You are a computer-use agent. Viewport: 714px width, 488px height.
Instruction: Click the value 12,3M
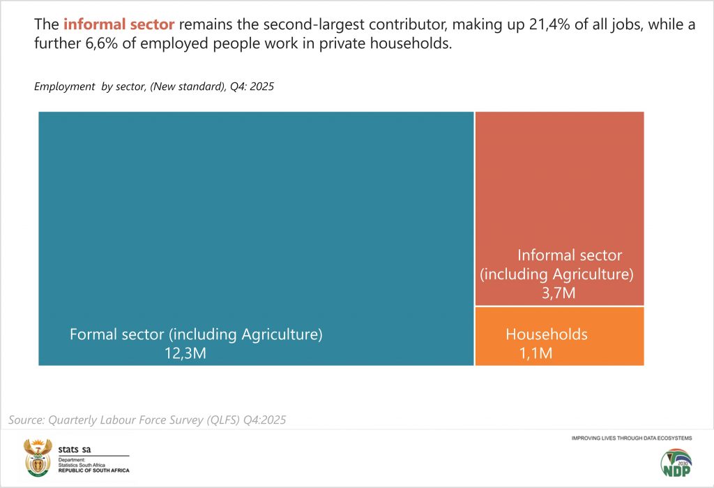tap(185, 353)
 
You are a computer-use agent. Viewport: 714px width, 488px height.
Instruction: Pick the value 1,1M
tap(535, 353)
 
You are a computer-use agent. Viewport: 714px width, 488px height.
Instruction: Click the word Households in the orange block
tap(547, 334)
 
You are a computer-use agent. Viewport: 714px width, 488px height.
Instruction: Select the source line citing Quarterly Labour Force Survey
tap(147, 420)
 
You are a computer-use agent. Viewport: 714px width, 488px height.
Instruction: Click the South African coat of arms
tap(38, 457)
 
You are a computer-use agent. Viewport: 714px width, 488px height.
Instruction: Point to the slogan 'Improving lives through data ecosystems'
tap(631, 438)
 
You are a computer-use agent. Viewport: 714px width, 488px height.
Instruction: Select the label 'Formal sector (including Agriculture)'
tap(196, 334)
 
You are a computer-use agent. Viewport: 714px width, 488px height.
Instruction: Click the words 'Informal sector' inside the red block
tap(569, 255)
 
